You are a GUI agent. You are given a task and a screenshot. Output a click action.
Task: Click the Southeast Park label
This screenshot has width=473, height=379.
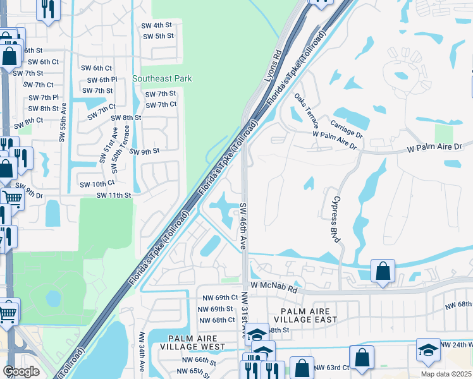pyautogui.click(x=162, y=78)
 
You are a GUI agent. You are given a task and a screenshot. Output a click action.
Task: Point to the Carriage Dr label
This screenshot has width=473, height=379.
pyautogui.click(x=347, y=127)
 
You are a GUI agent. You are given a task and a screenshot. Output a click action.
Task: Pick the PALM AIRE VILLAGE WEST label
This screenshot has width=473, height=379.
pyautogui.click(x=192, y=342)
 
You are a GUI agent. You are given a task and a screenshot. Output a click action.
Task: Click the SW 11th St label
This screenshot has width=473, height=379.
pyautogui.click(x=114, y=196)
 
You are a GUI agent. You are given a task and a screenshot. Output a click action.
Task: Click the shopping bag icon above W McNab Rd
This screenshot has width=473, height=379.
pyautogui.click(x=383, y=271)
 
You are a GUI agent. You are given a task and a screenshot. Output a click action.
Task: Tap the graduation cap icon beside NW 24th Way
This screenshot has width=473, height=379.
pyautogui.click(x=428, y=350)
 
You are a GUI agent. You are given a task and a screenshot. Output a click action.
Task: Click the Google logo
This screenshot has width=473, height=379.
pyautogui.click(x=21, y=371)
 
